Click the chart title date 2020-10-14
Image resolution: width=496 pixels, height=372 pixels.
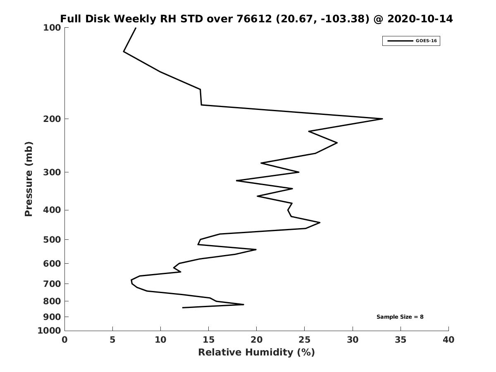(420, 19)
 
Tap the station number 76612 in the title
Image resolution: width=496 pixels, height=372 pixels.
(254, 19)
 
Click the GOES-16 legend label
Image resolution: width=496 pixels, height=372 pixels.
(426, 41)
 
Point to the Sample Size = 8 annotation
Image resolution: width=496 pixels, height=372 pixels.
(400, 317)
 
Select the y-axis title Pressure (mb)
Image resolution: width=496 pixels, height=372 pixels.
(29, 179)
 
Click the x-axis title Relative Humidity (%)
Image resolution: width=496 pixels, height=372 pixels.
(256, 352)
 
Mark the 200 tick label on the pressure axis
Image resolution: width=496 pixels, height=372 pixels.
(52, 119)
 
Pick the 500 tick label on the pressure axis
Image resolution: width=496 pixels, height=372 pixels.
(52, 239)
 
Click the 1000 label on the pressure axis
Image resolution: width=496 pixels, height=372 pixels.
(49, 331)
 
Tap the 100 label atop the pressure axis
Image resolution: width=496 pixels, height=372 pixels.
(52, 28)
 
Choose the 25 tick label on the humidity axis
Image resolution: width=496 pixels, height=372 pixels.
(304, 340)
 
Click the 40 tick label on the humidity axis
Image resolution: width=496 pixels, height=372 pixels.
(448, 340)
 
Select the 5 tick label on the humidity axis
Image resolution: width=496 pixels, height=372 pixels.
(112, 340)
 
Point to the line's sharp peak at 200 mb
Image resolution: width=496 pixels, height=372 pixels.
(382, 119)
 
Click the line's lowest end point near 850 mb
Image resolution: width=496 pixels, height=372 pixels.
(183, 308)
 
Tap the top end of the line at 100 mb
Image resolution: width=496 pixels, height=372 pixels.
(136, 28)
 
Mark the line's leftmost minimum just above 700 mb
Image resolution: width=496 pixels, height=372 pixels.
(131, 280)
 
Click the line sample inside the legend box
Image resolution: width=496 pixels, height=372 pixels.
(400, 41)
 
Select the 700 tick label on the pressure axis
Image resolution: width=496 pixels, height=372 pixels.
(52, 284)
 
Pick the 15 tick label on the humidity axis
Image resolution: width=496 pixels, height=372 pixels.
(208, 340)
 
